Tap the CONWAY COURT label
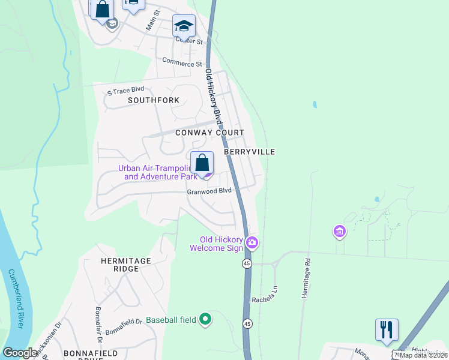[209, 133]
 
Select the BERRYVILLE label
[250, 152]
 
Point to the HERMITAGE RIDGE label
[118, 265]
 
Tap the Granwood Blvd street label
[209, 191]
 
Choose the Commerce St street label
[182, 62]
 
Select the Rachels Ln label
[265, 299]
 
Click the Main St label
[153, 20]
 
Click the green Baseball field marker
[205, 319]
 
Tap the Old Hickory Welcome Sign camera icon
[252, 242]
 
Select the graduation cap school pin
[184, 26]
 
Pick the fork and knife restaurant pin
[387, 329]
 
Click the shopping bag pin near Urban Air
[202, 163]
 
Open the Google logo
[20, 353]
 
